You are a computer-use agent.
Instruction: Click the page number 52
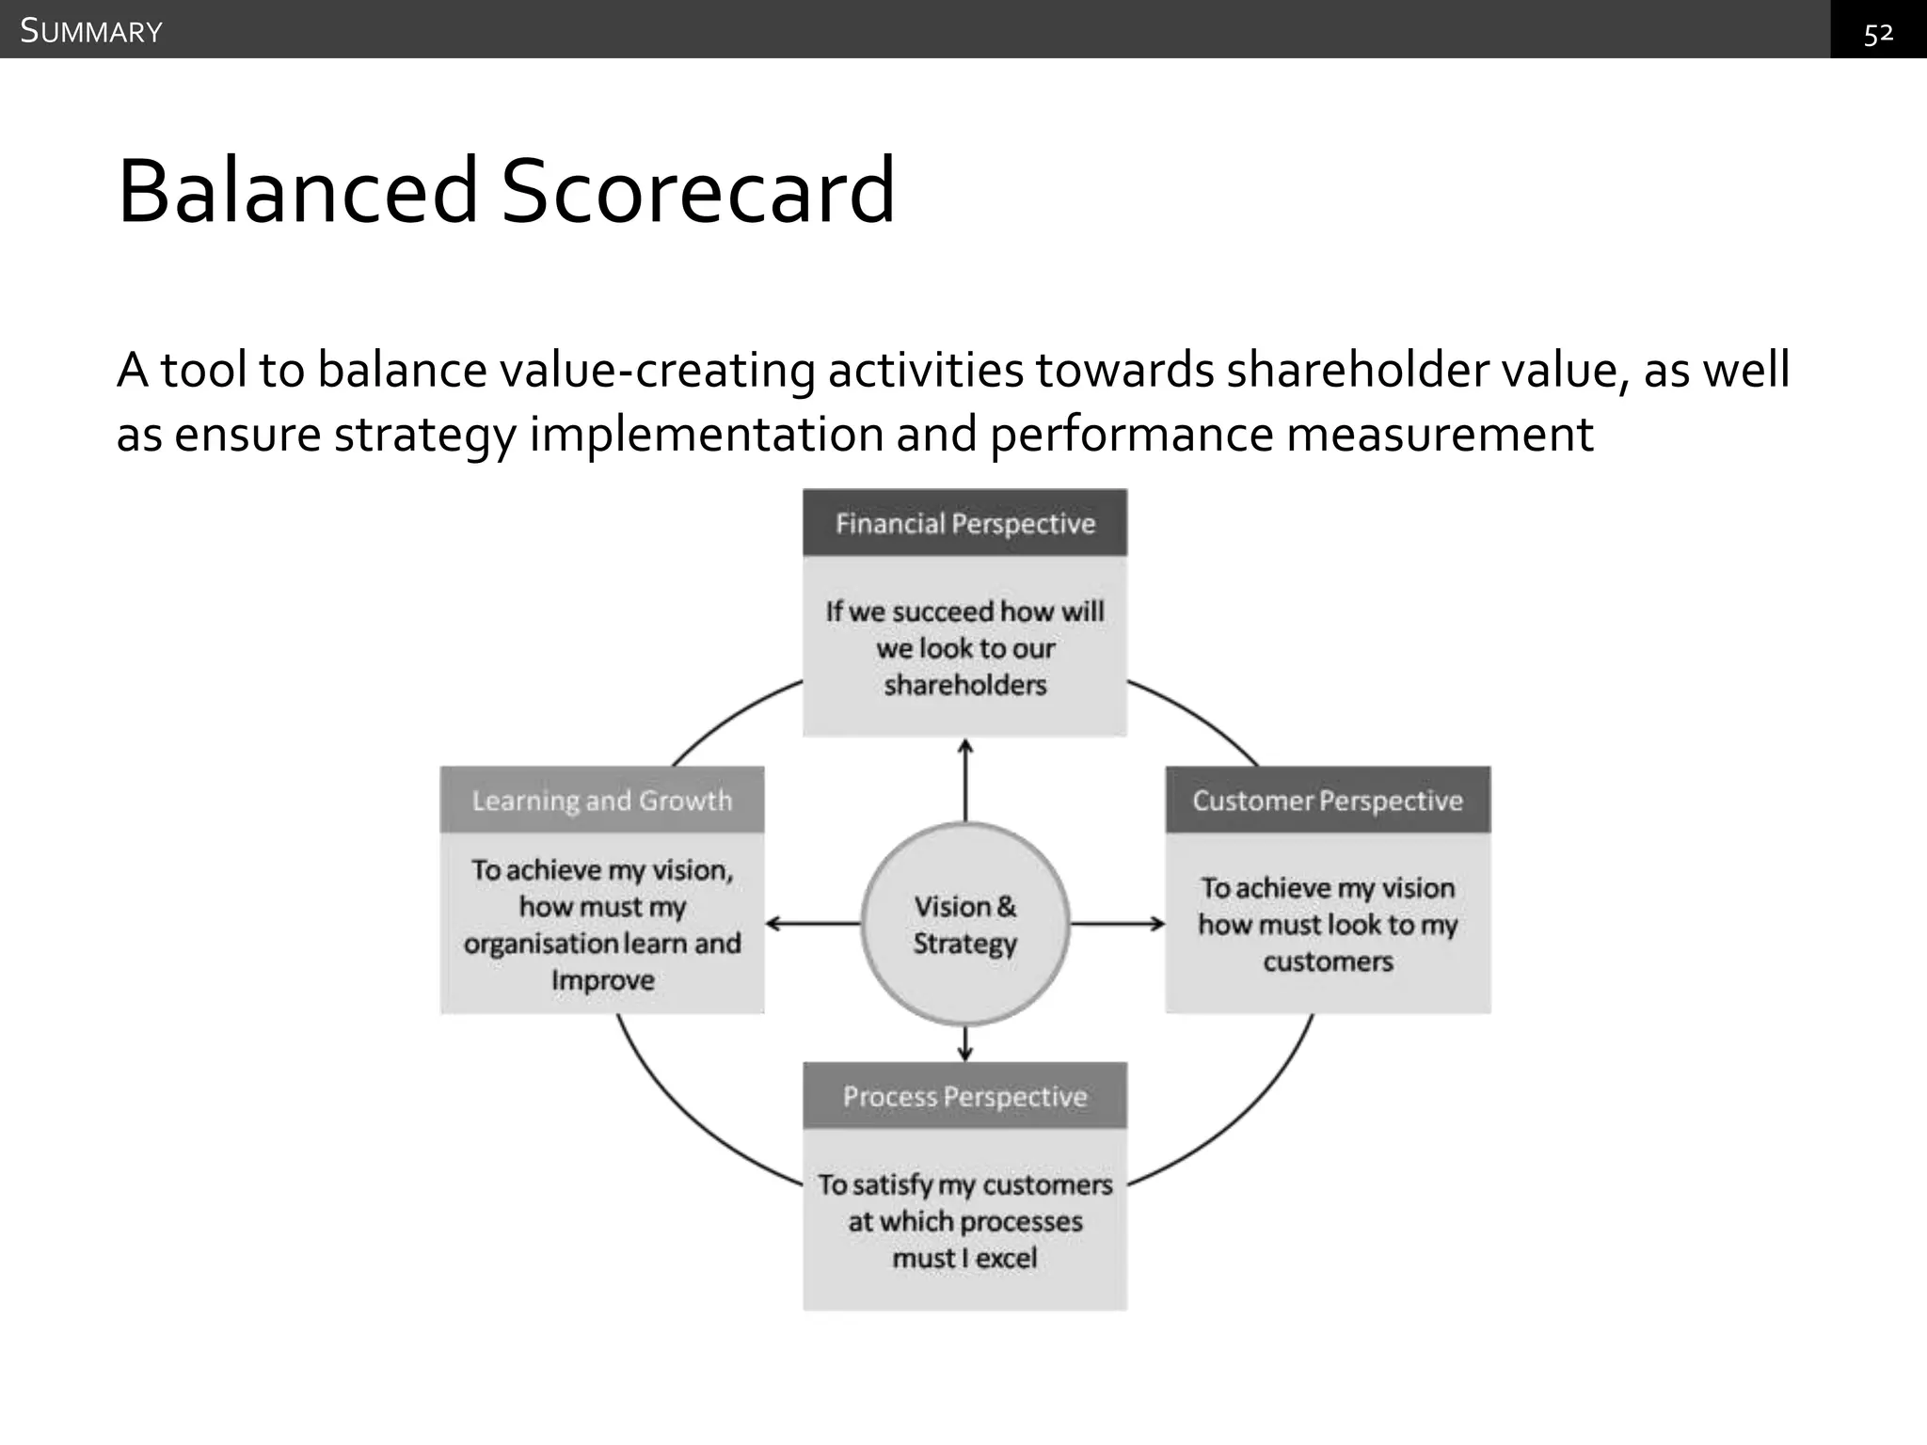coord(1878,34)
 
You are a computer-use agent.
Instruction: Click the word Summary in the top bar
coord(91,31)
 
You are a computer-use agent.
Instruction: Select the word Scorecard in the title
coord(697,191)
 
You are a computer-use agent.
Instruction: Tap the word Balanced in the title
coord(298,191)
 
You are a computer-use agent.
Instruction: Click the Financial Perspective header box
coord(964,523)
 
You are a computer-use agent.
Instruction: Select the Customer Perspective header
coord(1328,801)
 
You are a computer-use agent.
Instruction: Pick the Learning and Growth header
coord(602,801)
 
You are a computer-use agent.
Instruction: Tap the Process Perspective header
coord(964,1097)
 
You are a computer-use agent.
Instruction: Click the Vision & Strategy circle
coord(965,924)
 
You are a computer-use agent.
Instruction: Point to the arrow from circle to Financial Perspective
coord(965,780)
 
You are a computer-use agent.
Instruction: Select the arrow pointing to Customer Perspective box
coord(1118,924)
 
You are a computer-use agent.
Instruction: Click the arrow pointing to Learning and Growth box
coord(813,924)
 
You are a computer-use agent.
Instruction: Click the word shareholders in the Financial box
coord(965,685)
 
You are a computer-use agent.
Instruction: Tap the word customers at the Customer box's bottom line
coord(1328,961)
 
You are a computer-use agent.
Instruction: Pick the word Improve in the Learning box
coord(603,980)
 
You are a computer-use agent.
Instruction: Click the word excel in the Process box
coord(1006,1258)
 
